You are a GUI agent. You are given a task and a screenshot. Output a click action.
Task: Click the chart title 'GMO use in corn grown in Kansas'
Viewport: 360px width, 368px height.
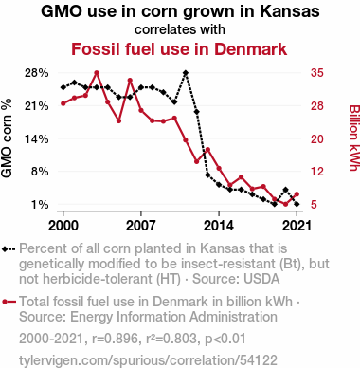[180, 11]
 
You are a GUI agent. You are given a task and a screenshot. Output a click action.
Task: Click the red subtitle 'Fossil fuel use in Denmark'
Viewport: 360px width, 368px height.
[179, 49]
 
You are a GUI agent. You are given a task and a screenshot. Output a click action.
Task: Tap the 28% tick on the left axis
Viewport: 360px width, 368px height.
[37, 73]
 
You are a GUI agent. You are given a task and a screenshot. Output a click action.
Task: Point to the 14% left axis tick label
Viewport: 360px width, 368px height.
[37, 138]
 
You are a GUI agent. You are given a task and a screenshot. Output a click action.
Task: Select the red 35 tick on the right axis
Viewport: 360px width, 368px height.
[317, 73]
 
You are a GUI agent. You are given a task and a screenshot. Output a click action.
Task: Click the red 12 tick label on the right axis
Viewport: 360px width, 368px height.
[317, 172]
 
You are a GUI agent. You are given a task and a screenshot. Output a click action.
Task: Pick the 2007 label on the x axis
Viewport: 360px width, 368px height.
[141, 226]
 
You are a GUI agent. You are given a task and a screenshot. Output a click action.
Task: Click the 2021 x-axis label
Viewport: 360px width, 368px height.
[297, 226]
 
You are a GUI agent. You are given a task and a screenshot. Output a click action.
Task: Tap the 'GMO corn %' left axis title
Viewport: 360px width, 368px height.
[7, 138]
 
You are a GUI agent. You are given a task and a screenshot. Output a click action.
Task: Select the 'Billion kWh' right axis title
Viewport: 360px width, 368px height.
[354, 138]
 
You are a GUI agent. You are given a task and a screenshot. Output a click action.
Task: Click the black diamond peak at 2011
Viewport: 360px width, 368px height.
[186, 73]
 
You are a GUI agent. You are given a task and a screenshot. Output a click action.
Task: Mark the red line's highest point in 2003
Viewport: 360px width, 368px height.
[97, 73]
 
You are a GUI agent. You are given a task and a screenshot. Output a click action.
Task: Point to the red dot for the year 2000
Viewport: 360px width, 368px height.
[63, 103]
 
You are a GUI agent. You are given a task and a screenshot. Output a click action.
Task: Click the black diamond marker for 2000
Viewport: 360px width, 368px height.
[63, 87]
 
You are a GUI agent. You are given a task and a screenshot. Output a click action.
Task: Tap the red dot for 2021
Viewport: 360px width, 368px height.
[297, 194]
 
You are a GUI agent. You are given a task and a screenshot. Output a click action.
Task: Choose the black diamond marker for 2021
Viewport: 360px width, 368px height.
[297, 204]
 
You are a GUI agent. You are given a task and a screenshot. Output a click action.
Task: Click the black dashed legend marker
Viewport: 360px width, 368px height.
[9, 249]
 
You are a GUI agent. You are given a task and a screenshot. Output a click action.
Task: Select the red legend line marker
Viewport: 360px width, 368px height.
[9, 302]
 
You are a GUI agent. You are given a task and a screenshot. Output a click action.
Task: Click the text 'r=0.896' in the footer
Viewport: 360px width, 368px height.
[115, 339]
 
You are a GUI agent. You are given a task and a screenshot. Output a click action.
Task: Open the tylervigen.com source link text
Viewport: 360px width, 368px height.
[148, 360]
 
